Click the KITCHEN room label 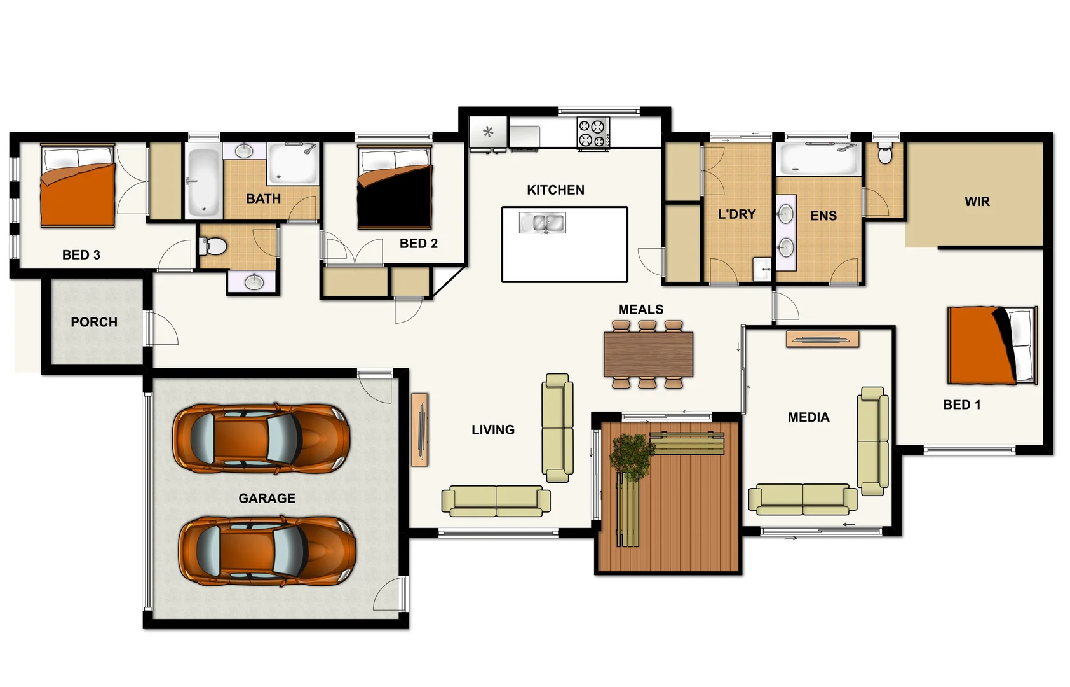click(x=555, y=190)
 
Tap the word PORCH click(x=94, y=322)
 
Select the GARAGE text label click(x=267, y=498)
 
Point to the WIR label click(x=977, y=202)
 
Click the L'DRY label click(x=736, y=214)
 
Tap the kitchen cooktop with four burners click(x=592, y=133)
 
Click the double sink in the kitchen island click(x=542, y=223)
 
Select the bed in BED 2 click(x=395, y=188)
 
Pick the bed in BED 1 click(x=991, y=345)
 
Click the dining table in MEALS click(x=648, y=354)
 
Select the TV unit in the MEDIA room click(x=822, y=339)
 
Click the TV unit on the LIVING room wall click(x=419, y=429)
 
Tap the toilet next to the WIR click(x=884, y=153)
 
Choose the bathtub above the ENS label click(x=818, y=160)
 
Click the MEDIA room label click(x=808, y=417)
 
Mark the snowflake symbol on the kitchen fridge click(x=488, y=132)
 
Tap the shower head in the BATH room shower click(x=309, y=149)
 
